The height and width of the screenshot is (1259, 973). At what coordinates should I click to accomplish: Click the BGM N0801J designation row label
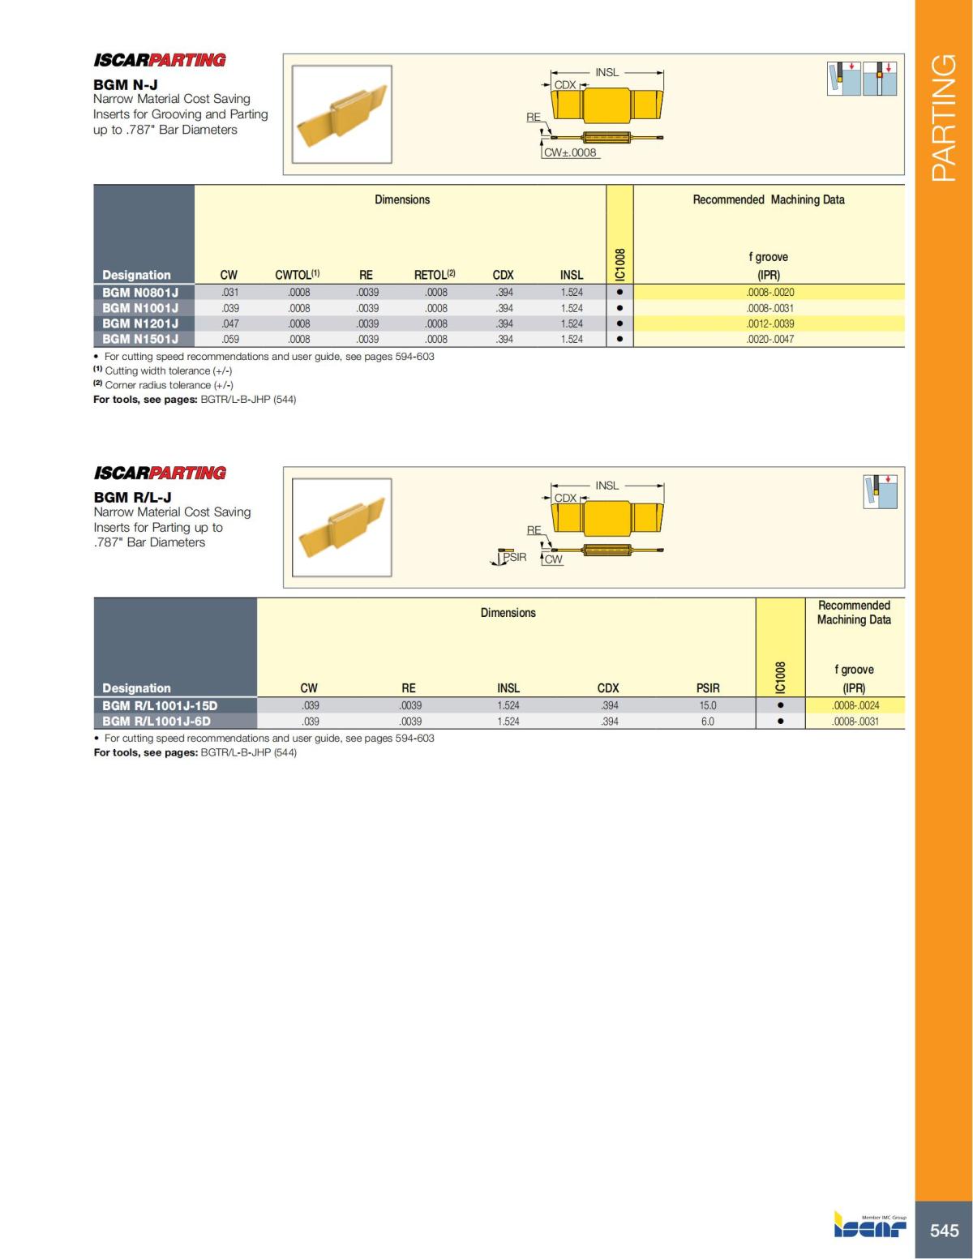(140, 292)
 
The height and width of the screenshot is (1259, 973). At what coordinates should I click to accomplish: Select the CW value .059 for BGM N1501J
(230, 339)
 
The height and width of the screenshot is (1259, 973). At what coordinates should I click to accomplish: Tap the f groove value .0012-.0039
(769, 323)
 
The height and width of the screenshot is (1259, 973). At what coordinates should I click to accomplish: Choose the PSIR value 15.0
(708, 705)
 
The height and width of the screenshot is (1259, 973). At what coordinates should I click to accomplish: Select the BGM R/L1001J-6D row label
(156, 721)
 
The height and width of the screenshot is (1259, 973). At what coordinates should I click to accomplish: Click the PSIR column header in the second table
(708, 688)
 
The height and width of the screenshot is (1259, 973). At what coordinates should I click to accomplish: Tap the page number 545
(944, 1230)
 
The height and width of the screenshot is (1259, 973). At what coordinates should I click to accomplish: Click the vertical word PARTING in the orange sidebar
(944, 118)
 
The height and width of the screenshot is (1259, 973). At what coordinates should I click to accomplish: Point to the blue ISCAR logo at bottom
(870, 1226)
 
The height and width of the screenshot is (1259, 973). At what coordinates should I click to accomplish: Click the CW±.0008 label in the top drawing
(570, 152)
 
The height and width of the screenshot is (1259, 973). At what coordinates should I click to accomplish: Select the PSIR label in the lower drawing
(515, 557)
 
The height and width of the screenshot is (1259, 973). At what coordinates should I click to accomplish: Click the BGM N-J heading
(126, 84)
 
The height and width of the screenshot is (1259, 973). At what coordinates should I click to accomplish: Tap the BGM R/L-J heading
(132, 497)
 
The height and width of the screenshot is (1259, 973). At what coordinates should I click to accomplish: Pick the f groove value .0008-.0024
(855, 705)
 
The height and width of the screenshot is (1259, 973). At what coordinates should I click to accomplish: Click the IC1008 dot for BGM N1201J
(619, 323)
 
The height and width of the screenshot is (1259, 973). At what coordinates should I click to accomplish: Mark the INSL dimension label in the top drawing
(607, 72)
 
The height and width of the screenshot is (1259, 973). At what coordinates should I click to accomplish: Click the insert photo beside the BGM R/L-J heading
(341, 528)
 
